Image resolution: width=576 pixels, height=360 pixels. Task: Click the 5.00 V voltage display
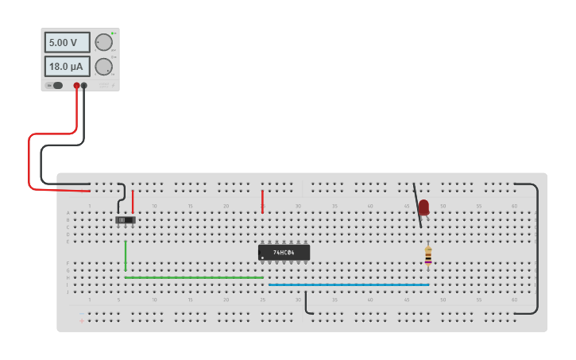point(67,42)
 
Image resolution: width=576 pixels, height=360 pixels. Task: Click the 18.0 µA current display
point(67,66)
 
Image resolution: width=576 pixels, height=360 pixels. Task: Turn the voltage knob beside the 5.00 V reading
point(103,42)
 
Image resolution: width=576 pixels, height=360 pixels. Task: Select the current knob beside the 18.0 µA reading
point(103,67)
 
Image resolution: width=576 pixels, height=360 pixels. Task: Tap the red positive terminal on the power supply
point(77,85)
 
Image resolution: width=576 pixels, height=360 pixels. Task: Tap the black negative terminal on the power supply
point(83,85)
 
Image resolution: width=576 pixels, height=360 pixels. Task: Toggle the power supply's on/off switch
point(56,85)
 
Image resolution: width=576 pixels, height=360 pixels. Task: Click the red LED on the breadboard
point(423,207)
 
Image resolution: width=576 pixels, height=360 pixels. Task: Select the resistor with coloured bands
point(428,255)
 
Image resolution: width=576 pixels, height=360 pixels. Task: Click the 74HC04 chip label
point(284,253)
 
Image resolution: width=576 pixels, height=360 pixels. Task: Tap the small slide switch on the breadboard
point(125,219)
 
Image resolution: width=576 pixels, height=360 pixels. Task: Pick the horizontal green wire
point(194,277)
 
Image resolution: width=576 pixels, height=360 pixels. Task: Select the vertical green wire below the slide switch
point(126,256)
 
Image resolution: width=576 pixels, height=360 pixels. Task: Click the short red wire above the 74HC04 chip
point(262,200)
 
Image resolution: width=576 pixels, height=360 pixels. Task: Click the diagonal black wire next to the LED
point(417,205)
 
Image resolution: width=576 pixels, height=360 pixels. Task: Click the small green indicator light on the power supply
point(113,33)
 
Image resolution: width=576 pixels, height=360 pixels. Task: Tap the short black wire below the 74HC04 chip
point(306,303)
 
